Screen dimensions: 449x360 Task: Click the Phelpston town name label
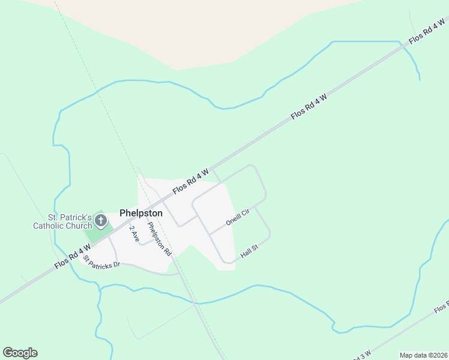[141, 213]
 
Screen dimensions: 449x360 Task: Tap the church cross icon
[101, 222]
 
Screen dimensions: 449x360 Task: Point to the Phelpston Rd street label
[159, 239]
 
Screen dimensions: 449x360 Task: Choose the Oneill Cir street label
[237, 217]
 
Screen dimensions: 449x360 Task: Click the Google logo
[20, 353]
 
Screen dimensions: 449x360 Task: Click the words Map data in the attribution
[413, 355]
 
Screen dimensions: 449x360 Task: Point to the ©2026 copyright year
[437, 355]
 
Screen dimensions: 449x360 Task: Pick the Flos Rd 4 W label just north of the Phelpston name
[191, 180]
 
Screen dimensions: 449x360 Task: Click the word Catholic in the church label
[49, 226]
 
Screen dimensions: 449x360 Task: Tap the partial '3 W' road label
[363, 354]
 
